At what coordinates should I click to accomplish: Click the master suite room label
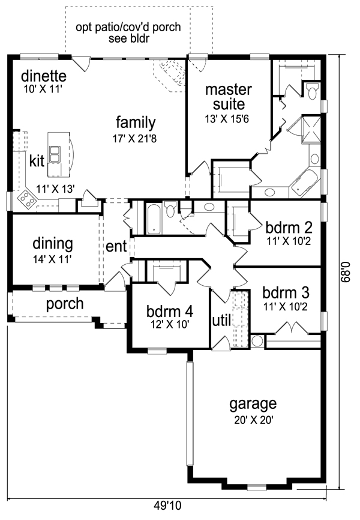pos(229,97)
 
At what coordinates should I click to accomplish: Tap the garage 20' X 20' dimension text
pos(254,420)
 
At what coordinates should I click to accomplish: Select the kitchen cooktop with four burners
pos(26,199)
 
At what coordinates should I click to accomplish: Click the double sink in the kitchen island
pos(54,154)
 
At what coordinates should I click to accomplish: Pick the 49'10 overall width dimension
pos(168,506)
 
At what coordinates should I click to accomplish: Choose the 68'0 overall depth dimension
pos(346,272)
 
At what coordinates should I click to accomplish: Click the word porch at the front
pos(65,304)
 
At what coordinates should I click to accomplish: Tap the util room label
pos(221,321)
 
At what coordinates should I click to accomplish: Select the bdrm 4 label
pos(170,311)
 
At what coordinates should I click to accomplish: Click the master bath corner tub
pos(305,183)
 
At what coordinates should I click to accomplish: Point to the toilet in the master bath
pos(312,91)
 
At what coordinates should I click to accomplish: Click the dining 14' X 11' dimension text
pos(52,259)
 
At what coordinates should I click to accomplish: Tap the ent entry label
pos(116,246)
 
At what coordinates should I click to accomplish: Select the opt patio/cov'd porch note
pos(128,32)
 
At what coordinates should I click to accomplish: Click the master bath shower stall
pos(311,129)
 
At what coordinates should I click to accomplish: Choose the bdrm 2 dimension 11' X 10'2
pos(289,241)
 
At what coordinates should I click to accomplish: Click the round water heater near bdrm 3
pos(257,341)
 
